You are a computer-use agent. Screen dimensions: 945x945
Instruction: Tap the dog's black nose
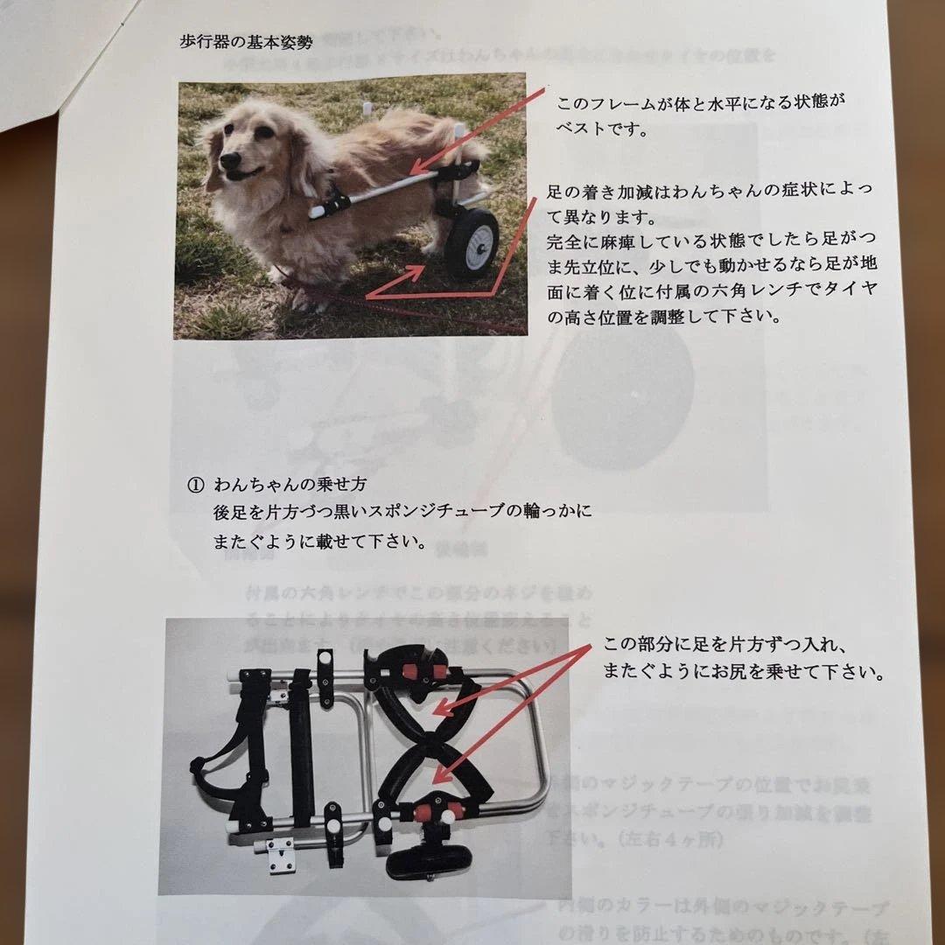230,161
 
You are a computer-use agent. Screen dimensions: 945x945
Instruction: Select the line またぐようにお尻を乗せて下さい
744,673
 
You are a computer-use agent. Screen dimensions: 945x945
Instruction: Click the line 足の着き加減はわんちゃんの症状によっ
709,190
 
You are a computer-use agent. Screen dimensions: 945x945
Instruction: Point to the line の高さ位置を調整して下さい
663,317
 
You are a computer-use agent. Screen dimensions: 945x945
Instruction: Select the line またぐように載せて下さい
320,542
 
